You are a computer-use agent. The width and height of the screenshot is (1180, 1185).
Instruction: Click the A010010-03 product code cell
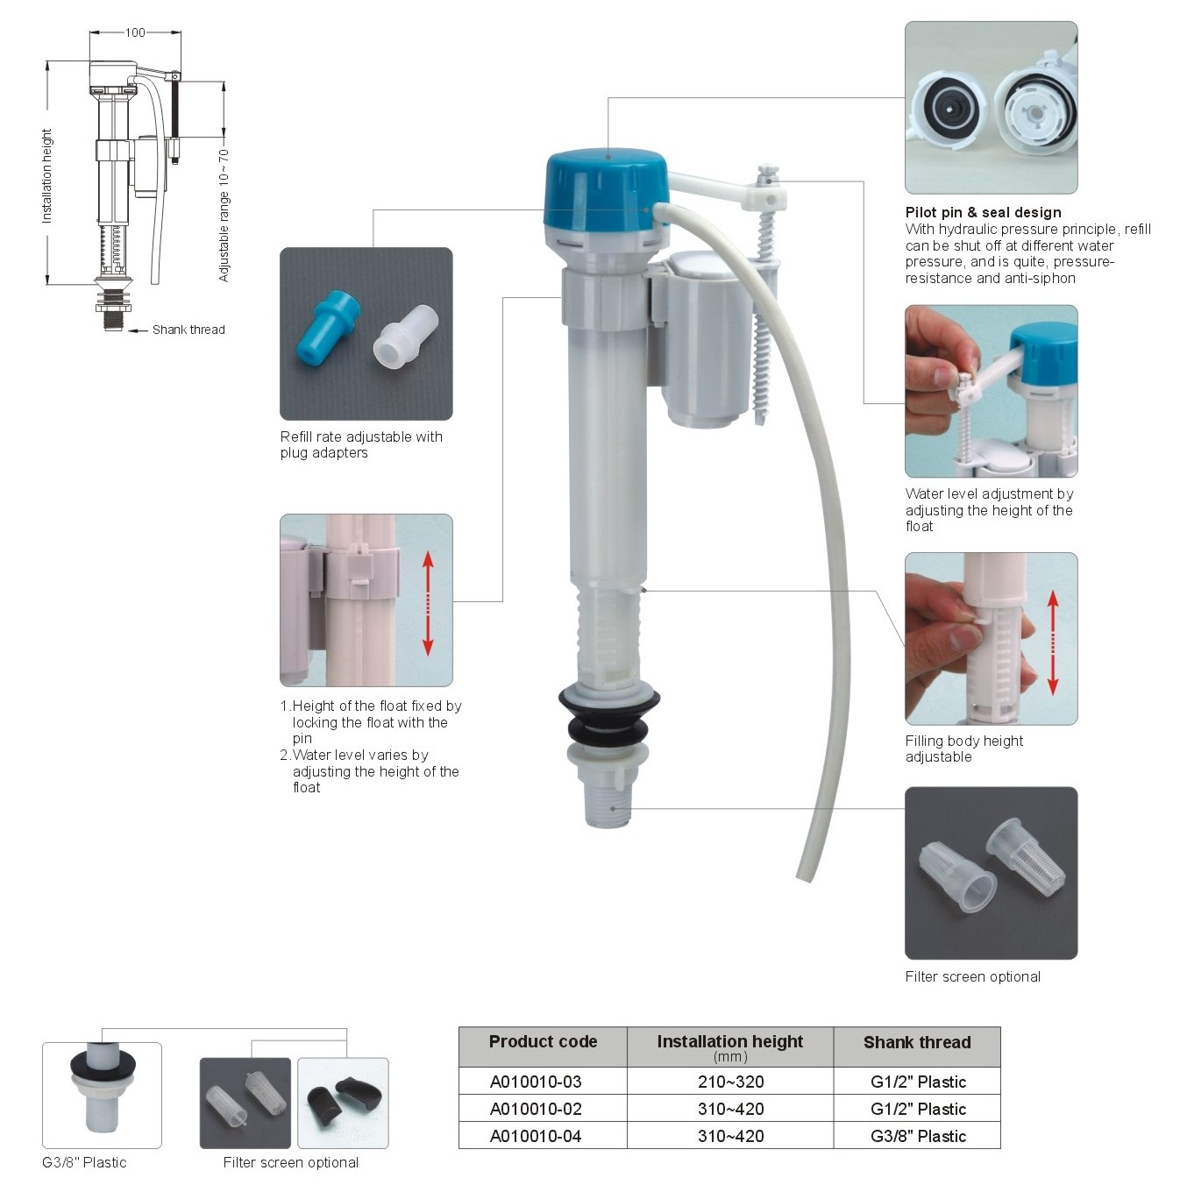(x=536, y=1082)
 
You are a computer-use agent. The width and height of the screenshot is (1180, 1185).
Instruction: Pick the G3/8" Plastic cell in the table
(x=917, y=1136)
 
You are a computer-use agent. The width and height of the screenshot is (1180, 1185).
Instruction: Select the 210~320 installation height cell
(x=730, y=1082)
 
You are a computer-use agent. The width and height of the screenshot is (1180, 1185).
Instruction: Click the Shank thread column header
(x=917, y=1042)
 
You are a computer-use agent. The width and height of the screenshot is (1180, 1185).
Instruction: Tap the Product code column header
(x=543, y=1042)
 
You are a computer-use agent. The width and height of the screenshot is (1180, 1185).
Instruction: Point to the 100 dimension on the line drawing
(x=135, y=32)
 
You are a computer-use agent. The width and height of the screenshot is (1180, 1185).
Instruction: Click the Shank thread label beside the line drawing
(x=188, y=330)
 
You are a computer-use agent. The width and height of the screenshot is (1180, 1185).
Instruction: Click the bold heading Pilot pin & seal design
(x=983, y=213)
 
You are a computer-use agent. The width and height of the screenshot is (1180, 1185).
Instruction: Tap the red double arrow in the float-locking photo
(x=428, y=604)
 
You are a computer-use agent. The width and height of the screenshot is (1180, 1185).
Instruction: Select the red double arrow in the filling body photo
(x=1053, y=642)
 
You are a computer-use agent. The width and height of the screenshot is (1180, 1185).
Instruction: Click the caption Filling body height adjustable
(x=964, y=749)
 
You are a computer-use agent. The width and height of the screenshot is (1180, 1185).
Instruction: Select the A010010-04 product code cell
(x=536, y=1136)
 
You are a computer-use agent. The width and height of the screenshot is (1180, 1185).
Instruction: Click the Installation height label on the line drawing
(x=46, y=176)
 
